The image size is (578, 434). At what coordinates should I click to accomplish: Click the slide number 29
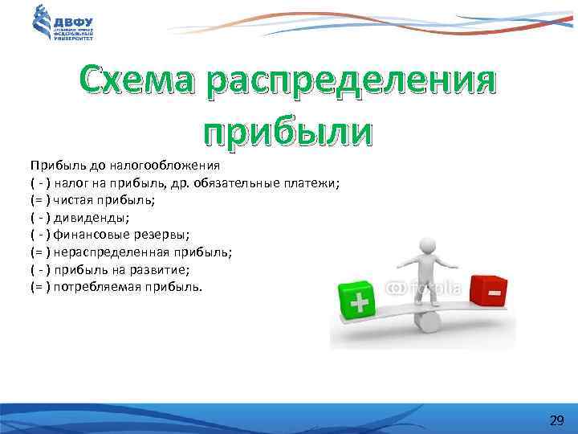[556, 420]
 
